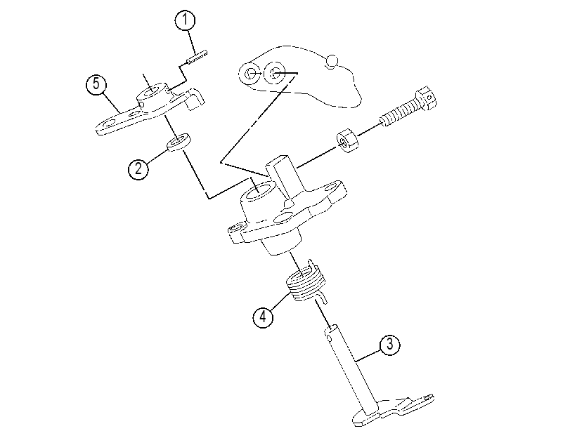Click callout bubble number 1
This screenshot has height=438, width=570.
(x=185, y=20)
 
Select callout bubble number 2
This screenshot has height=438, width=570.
(x=138, y=169)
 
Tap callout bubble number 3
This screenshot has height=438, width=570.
(x=389, y=343)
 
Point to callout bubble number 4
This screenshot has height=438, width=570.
(x=263, y=317)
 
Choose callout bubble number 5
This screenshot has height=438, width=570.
(x=96, y=84)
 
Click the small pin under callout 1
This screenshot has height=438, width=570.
(x=197, y=58)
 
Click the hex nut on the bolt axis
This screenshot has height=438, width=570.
(x=347, y=140)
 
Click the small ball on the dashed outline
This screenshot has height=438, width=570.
(x=332, y=61)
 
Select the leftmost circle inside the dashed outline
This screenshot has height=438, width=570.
(x=250, y=73)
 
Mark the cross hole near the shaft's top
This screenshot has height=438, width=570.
(x=330, y=338)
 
